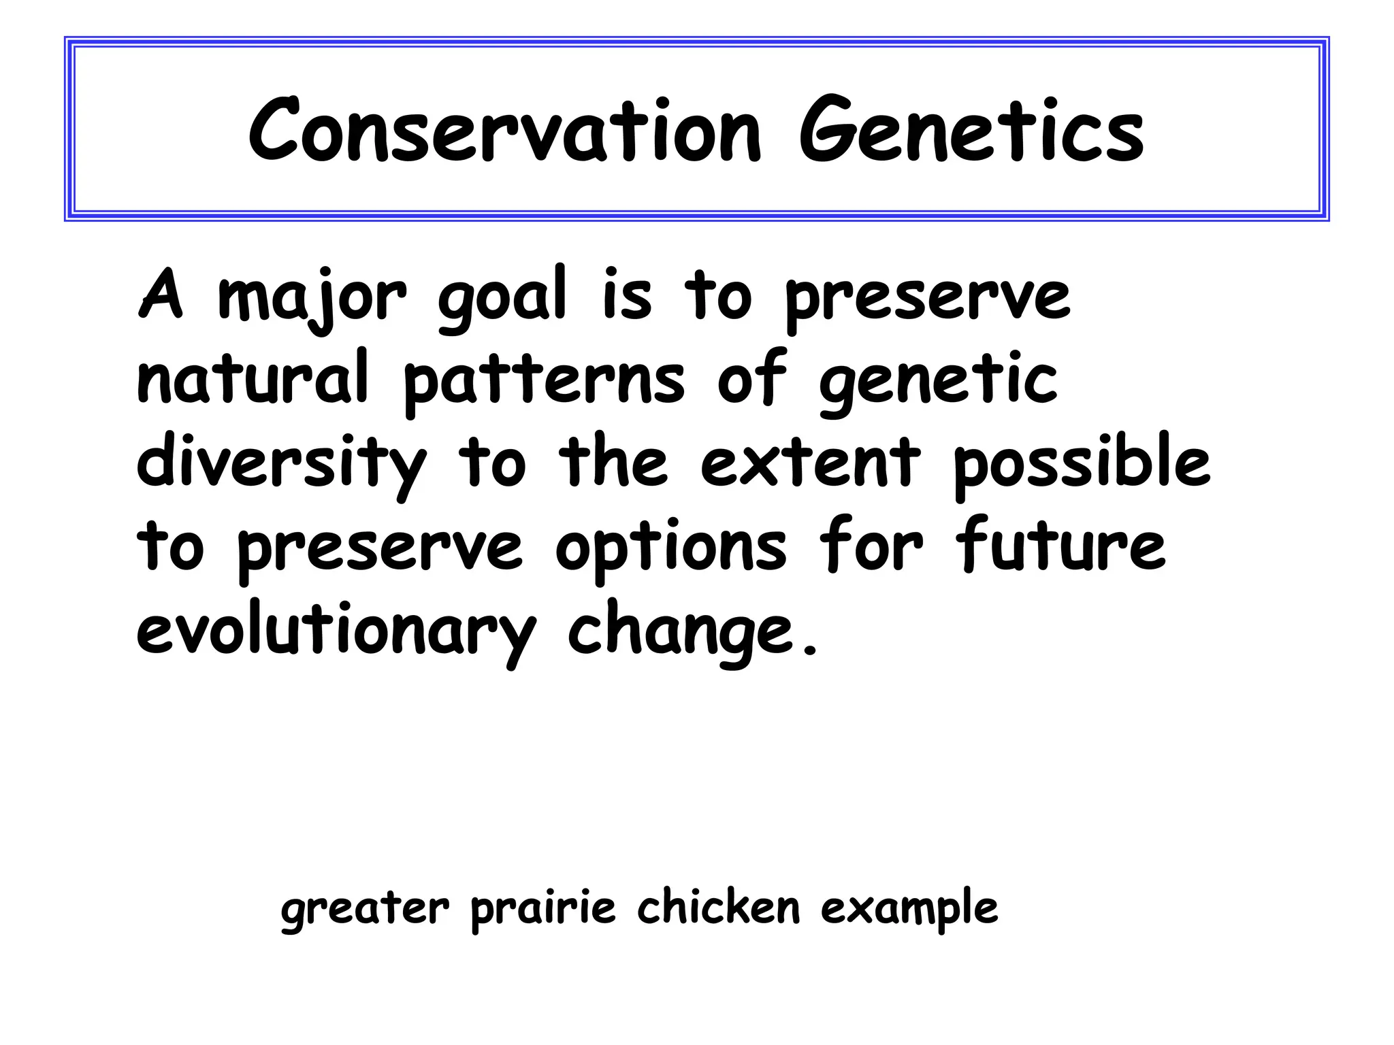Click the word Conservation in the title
click(x=504, y=131)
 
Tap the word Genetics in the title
click(x=971, y=131)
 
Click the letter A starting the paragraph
click(x=161, y=295)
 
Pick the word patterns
click(x=544, y=382)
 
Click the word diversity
click(x=282, y=464)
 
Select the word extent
click(x=810, y=463)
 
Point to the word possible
click(x=1082, y=464)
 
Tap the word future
click(x=1060, y=544)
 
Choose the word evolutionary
click(x=336, y=631)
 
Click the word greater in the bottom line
click(x=365, y=909)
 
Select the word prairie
click(x=543, y=909)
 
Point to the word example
click(x=909, y=909)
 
